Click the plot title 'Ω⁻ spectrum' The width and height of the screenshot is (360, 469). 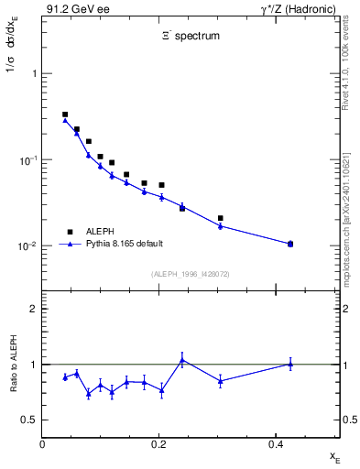[x=191, y=38]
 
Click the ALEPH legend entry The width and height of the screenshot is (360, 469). [x=102, y=232]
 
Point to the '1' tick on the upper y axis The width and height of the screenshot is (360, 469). [x=33, y=73]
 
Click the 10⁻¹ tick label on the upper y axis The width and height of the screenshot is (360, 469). [x=27, y=159]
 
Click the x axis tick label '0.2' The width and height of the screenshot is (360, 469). [x=158, y=444]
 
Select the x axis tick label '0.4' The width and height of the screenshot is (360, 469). [x=276, y=444]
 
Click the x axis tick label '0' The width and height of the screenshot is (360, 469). [x=42, y=444]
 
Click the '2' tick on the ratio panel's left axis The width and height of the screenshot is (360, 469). [x=33, y=309]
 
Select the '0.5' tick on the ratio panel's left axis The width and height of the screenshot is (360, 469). [x=29, y=420]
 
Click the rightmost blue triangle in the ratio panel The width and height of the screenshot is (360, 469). [x=290, y=364]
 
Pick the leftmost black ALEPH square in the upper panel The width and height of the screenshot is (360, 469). [x=65, y=115]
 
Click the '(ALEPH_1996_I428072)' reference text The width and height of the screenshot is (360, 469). [x=191, y=274]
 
